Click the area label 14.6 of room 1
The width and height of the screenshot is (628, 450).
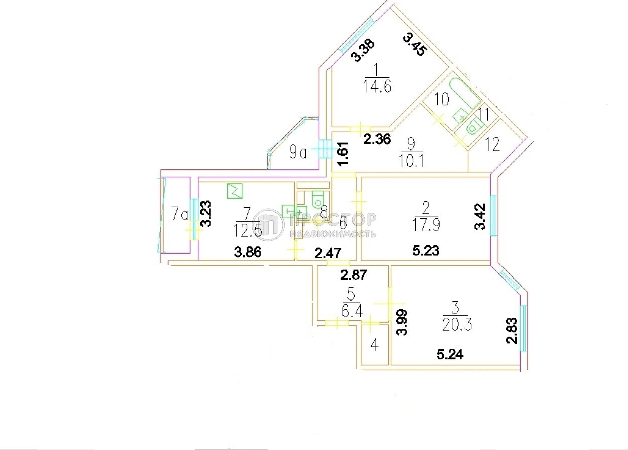376,86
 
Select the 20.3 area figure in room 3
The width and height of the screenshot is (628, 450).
454,325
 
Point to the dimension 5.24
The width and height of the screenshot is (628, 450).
450,355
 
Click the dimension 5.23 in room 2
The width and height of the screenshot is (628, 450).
426,251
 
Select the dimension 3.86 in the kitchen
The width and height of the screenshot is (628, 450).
248,252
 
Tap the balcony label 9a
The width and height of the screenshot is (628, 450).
298,152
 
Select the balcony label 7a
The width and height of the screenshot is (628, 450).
179,215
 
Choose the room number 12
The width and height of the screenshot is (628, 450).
493,145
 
